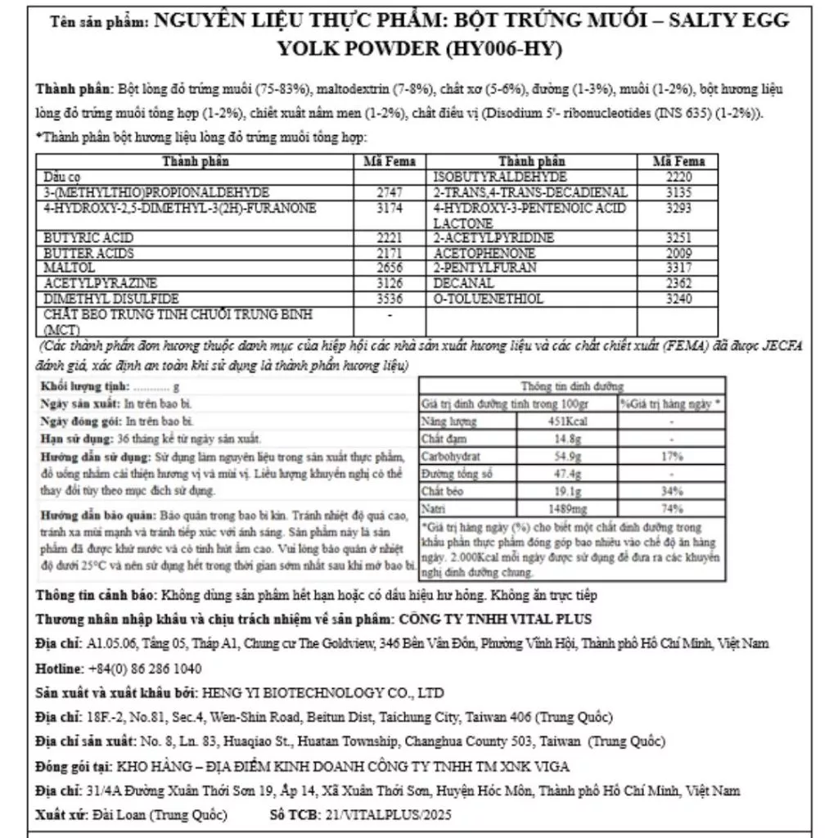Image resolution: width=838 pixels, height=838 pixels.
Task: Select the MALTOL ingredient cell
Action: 65,268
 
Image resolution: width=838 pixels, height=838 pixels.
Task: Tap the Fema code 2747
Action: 389,192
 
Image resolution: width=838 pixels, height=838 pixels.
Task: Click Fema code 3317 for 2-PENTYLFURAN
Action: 678,268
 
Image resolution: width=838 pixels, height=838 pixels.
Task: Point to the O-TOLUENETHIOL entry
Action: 488,299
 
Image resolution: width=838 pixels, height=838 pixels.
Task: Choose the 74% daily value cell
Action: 670,508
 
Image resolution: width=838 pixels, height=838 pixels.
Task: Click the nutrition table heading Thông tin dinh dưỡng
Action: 572,386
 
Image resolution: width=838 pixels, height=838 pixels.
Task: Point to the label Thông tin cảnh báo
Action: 97,595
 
